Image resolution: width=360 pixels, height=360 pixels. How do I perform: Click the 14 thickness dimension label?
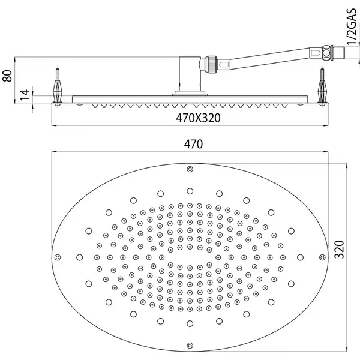(25, 94)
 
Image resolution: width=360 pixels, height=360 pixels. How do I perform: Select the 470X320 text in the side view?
(198, 118)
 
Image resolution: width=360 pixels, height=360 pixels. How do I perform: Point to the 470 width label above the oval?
(193, 144)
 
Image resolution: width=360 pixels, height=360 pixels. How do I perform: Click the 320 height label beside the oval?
(339, 250)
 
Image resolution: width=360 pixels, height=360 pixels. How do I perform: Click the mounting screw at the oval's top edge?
(190, 169)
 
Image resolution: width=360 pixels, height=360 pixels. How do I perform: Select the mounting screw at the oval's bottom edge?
(190, 346)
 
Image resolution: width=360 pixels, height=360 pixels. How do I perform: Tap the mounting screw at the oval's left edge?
(58, 257)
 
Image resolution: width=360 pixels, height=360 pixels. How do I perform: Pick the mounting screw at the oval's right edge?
(322, 257)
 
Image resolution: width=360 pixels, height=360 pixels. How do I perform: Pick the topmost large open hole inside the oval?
(190, 191)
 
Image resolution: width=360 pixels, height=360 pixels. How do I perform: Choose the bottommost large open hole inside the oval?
(190, 324)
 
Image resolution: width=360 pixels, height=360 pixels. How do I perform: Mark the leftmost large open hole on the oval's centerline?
(79, 257)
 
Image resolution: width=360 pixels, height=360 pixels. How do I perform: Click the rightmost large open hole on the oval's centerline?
(300, 257)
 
